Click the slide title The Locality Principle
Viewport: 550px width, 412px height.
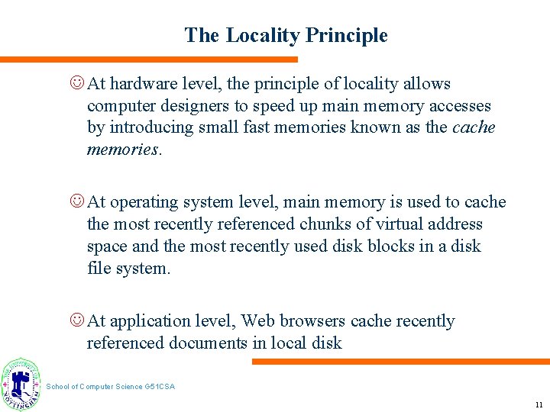tap(286, 36)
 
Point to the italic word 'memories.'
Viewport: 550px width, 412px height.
tap(122, 150)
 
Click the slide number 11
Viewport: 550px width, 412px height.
tap(539, 404)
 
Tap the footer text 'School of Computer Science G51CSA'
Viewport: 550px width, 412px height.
tap(111, 387)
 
